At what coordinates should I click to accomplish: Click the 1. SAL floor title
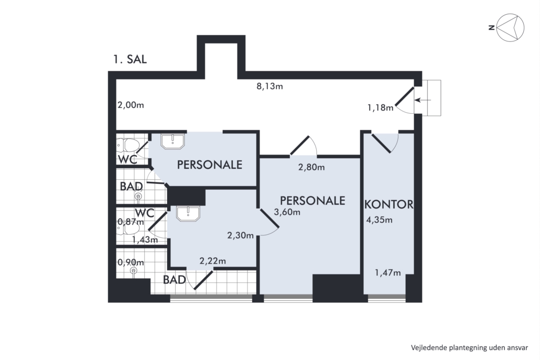(x=130, y=59)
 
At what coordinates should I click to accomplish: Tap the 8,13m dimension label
(x=269, y=86)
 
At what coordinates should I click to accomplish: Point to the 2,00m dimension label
(x=131, y=105)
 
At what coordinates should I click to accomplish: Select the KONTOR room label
(x=389, y=204)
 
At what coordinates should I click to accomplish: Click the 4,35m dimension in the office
(x=379, y=220)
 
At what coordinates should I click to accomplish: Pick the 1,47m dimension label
(x=388, y=273)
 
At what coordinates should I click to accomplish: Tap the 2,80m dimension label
(x=311, y=167)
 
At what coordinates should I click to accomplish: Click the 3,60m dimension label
(x=287, y=212)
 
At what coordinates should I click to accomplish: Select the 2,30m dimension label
(x=241, y=235)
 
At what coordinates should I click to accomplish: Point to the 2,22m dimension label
(x=213, y=261)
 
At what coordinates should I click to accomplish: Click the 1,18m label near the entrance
(x=380, y=108)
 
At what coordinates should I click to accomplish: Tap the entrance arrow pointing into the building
(x=423, y=100)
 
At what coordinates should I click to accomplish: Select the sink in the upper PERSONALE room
(x=173, y=141)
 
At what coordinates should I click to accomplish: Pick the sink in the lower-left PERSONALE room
(x=188, y=213)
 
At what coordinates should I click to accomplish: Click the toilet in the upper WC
(x=128, y=146)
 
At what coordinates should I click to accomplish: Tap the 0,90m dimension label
(x=131, y=262)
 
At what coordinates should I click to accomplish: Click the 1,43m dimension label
(x=145, y=239)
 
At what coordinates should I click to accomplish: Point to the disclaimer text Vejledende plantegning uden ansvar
(x=469, y=347)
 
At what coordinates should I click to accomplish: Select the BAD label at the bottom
(x=175, y=280)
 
